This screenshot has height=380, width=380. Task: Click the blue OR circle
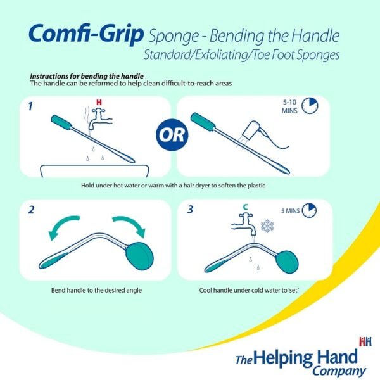[x=172, y=135]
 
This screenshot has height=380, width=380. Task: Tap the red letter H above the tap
[x=99, y=102]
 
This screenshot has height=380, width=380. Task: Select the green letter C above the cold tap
[x=246, y=207]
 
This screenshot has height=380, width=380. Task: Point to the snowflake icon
[x=267, y=226]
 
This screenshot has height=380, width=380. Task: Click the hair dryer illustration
[x=257, y=132]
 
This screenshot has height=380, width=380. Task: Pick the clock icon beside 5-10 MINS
[x=310, y=106]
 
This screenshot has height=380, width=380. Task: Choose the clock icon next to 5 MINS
[x=309, y=210]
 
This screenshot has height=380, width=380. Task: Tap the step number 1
[x=30, y=106]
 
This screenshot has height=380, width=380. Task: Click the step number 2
[x=31, y=210]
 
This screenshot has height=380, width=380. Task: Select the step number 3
[x=190, y=210]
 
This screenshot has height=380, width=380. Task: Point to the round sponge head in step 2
[x=139, y=255]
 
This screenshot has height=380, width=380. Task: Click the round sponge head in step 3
[x=288, y=262]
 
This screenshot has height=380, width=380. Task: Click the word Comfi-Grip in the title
[x=86, y=34]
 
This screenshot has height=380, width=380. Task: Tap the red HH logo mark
[x=365, y=341]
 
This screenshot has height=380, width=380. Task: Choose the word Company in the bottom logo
[x=339, y=370]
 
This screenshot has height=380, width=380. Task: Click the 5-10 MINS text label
[x=289, y=106]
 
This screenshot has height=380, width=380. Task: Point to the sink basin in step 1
[x=94, y=170]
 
